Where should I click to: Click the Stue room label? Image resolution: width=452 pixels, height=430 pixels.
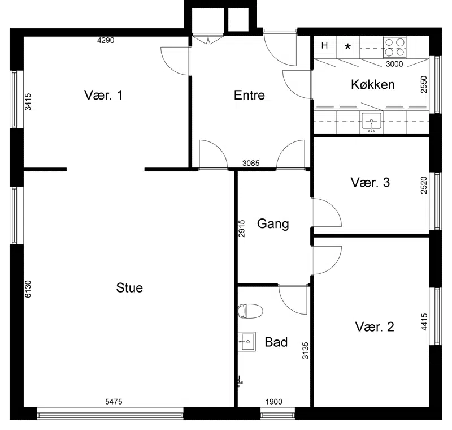tap(129, 288)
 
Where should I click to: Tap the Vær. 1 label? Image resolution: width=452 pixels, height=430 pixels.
tap(103, 95)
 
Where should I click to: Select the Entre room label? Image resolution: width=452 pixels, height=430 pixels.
tap(249, 95)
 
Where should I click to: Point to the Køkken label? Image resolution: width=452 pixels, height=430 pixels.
tap(373, 84)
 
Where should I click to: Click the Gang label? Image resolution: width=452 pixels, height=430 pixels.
tap(273, 224)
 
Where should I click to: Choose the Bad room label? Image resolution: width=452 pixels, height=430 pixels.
tap(276, 342)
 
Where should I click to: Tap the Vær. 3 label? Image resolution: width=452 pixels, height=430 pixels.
tap(370, 182)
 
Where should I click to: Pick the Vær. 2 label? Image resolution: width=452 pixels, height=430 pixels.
tap(375, 326)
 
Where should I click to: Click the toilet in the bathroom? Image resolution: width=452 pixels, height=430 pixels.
tap(250, 311)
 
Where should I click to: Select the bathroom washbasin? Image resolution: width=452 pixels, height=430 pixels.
tap(247, 341)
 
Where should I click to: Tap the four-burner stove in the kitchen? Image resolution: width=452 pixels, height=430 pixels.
tap(394, 48)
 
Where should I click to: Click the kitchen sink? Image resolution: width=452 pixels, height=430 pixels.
tap(372, 122)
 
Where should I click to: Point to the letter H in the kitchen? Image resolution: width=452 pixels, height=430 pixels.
tap(324, 45)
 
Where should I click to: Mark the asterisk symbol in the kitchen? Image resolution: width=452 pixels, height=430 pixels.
tap(348, 46)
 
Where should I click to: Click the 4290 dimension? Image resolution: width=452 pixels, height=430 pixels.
tap(106, 40)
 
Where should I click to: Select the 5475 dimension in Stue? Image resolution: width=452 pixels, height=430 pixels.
tap(114, 402)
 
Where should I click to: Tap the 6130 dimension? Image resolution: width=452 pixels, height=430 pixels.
tap(28, 289)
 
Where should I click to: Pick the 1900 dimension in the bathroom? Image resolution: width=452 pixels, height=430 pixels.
tap(274, 402)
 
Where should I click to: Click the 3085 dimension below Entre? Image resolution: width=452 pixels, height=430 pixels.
tap(251, 164)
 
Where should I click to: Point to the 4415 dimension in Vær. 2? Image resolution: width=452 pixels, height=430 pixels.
tap(424, 322)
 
